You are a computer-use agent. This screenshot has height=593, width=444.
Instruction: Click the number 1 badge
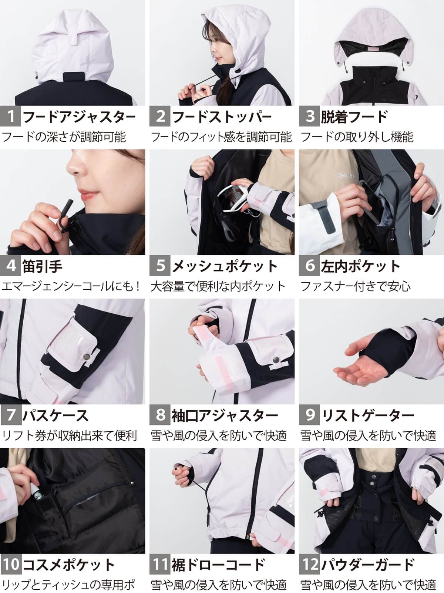[11, 117]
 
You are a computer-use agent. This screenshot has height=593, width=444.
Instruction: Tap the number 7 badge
[11, 415]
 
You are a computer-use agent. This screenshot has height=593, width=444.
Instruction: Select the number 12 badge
[310, 565]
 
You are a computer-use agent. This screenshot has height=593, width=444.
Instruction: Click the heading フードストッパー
[222, 117]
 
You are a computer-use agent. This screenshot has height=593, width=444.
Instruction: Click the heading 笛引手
[43, 266]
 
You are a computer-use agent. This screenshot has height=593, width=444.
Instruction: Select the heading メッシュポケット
[225, 266]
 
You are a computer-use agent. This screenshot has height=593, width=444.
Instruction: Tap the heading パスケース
[55, 415]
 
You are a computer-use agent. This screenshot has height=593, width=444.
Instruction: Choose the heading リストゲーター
[368, 415]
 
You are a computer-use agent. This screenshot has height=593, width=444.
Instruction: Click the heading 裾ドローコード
[218, 565]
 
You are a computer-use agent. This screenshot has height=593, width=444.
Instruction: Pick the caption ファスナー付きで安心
[355, 286]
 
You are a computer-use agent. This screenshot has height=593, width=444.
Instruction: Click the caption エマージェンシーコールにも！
[72, 286]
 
